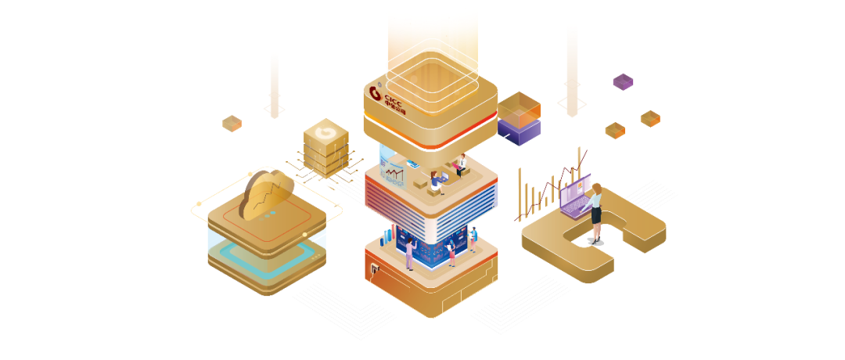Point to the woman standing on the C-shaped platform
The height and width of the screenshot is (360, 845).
click(x=596, y=212)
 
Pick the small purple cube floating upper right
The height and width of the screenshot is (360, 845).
click(x=623, y=81)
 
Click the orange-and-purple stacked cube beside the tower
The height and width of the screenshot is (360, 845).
click(x=519, y=117)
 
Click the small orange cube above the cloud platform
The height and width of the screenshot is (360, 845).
click(x=232, y=123)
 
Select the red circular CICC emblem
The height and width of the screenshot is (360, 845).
click(x=375, y=95)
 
